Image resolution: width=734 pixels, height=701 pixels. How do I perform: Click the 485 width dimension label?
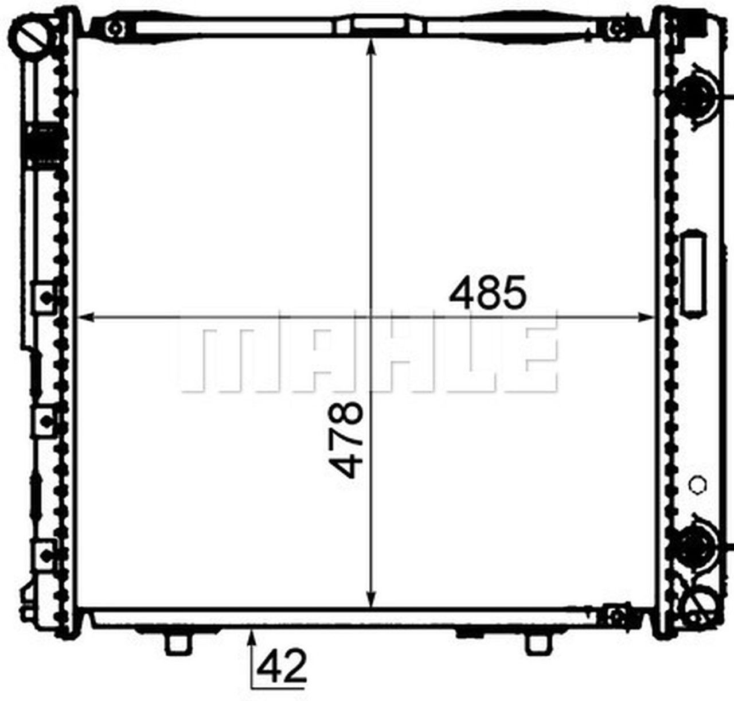pyautogui.click(x=487, y=292)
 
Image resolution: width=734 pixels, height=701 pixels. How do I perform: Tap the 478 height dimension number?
pyautogui.click(x=346, y=441)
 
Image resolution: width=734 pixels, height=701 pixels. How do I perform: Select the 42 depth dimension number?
pyautogui.click(x=282, y=667)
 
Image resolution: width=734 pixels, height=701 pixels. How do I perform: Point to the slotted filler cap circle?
pyautogui.click(x=32, y=36)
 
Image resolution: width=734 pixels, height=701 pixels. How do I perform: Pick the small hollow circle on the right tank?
pyautogui.click(x=698, y=484)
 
